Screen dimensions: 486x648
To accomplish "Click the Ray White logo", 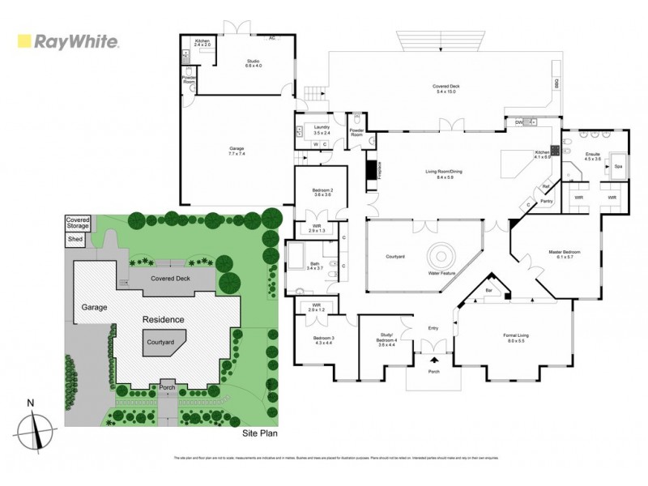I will (68, 42).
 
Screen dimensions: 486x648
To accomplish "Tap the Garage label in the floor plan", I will (237, 150).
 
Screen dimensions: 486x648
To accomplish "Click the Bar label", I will (488, 288).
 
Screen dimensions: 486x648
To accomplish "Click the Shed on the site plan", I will (75, 239).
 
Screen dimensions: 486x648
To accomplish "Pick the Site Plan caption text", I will (260, 435).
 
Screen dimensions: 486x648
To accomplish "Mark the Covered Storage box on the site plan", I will (78, 223).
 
